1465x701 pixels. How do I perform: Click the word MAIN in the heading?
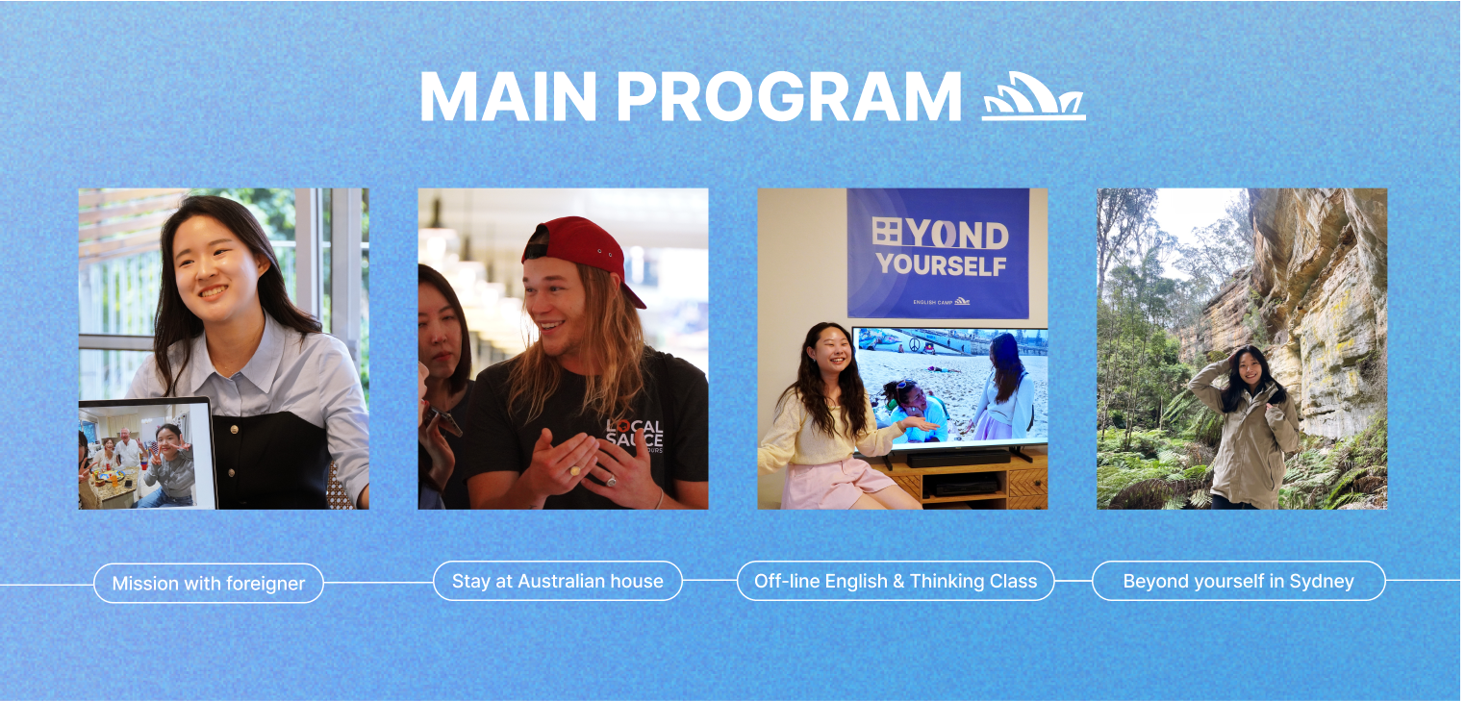coord(508,96)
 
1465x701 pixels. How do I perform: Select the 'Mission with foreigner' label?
coord(209,583)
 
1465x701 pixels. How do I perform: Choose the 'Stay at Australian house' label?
coord(558,581)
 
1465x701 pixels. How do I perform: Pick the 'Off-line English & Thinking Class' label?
coord(896,581)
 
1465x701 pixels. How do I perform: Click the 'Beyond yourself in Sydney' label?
coord(1239,581)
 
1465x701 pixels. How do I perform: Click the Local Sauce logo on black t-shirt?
coord(634,436)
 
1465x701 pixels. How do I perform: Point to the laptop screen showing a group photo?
coord(146,456)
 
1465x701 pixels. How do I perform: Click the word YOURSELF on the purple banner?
coord(941,264)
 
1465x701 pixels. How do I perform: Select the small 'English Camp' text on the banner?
coord(933,302)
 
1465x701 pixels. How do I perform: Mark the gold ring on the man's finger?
coord(575,470)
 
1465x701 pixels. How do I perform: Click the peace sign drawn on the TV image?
coord(915,344)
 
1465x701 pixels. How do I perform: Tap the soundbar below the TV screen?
coord(959,459)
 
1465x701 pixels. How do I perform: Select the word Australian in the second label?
coord(558,581)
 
